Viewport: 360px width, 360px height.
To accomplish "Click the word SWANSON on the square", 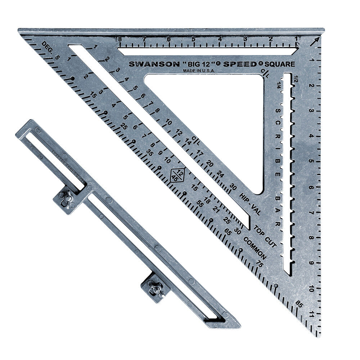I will [154, 64].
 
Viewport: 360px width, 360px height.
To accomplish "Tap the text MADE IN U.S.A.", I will [199, 71].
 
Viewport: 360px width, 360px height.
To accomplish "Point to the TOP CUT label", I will [265, 236].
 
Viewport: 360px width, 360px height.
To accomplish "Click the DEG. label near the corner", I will [47, 46].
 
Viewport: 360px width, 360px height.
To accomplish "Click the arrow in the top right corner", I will [316, 40].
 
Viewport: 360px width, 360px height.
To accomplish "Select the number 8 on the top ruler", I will [119, 39].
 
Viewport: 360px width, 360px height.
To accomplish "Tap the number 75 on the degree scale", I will [258, 264].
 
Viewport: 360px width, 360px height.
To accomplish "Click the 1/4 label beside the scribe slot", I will [278, 85].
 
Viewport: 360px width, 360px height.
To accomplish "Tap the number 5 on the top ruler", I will [193, 39].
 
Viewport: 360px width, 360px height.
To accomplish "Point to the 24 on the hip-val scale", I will [221, 175].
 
